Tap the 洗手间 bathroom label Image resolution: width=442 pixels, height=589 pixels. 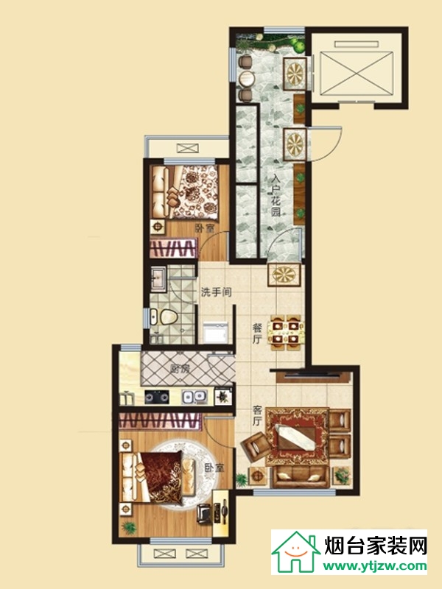(x=216, y=292)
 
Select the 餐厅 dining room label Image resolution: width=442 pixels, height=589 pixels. (x=256, y=334)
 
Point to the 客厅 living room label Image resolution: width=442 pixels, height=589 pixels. (x=256, y=415)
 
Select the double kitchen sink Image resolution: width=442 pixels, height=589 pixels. (x=194, y=397)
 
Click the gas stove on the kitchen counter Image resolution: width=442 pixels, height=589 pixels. (x=157, y=397)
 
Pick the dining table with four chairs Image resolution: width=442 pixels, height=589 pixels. (x=286, y=333)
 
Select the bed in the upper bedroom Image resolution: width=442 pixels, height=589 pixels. (x=184, y=192)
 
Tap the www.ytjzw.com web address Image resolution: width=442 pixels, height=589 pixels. (x=375, y=565)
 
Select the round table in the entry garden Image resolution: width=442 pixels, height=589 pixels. (x=247, y=78)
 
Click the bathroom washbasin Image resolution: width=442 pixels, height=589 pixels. (x=158, y=279)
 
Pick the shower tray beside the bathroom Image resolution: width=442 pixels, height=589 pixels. (x=215, y=333)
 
